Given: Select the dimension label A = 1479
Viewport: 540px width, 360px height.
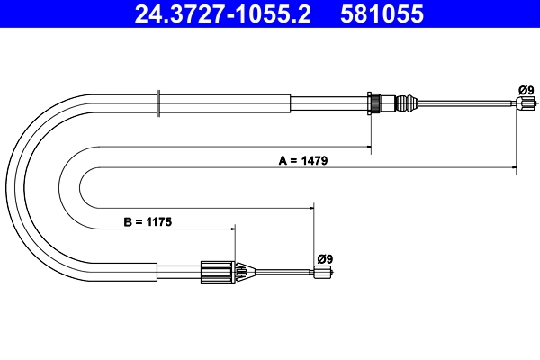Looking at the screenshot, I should [x=302, y=161].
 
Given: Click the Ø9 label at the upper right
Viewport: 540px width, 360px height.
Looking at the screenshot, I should [x=526, y=89].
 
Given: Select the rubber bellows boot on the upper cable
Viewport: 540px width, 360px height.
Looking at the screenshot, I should [x=408, y=103].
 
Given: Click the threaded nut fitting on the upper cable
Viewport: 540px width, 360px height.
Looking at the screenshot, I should [x=375, y=103].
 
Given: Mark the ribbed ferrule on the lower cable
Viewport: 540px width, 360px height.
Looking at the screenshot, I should [x=216, y=270].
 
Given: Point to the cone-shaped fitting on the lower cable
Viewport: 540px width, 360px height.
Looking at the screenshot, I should [x=242, y=271].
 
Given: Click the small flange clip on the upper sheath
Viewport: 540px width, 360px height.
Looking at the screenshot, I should [x=158, y=103].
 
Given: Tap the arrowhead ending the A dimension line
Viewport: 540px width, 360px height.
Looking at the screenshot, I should [x=513, y=167].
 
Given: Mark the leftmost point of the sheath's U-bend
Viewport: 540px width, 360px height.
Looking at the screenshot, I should [x=7, y=180].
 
